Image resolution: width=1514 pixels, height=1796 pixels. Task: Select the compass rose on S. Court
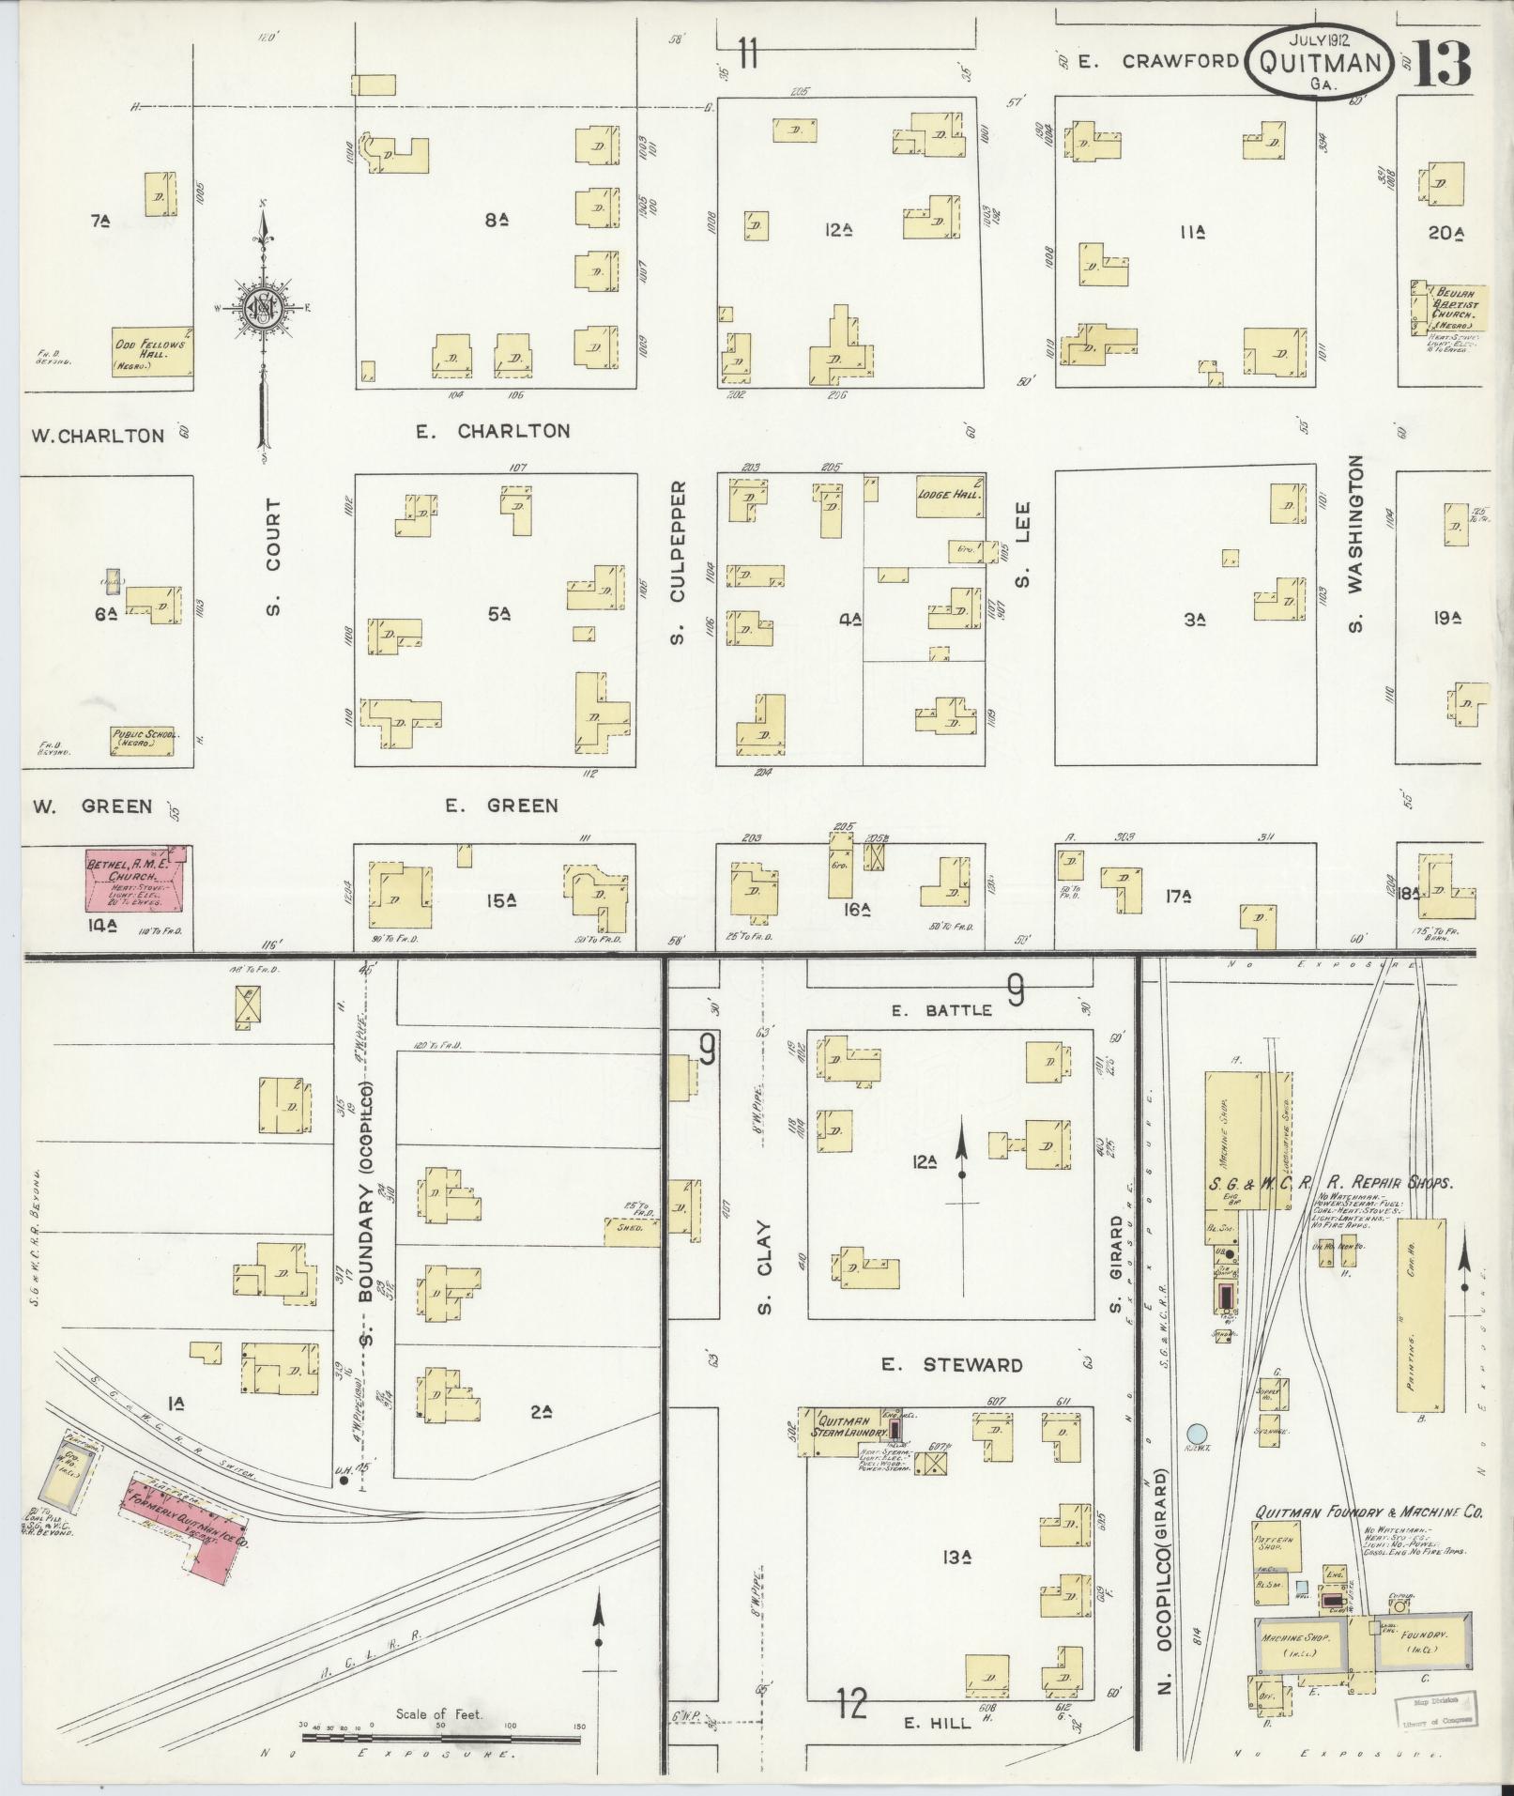tap(266, 307)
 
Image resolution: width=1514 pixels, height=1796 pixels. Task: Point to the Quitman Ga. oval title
tap(1319, 63)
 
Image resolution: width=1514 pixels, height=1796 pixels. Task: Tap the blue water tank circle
tap(1196, 1434)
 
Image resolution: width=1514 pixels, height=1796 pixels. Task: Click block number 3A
tap(1193, 620)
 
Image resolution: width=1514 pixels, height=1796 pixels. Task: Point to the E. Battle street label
tap(941, 1010)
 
